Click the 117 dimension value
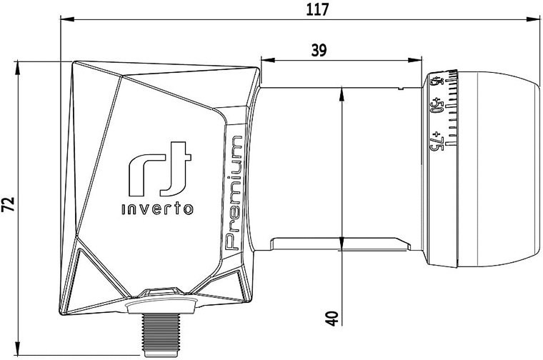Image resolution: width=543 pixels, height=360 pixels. [x=317, y=9]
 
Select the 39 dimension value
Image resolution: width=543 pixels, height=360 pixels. [x=319, y=51]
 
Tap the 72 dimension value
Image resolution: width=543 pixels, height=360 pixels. [x=9, y=204]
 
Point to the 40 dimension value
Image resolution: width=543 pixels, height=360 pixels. [x=332, y=318]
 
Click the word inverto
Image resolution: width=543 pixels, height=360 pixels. [x=158, y=209]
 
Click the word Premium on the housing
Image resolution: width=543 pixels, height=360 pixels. [x=234, y=193]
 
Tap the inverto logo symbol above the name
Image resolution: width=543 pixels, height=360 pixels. [x=159, y=169]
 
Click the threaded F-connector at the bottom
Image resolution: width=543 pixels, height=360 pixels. [x=161, y=335]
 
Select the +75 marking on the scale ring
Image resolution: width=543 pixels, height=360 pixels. [x=437, y=141]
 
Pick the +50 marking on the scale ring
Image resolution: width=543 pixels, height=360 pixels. [x=437, y=106]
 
